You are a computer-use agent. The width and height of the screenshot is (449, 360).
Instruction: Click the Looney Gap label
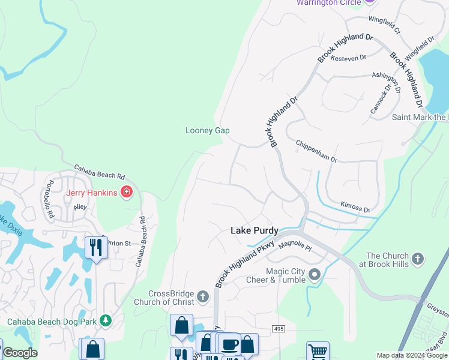coord(207,130)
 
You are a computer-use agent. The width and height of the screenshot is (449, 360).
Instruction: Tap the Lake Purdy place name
coord(255,230)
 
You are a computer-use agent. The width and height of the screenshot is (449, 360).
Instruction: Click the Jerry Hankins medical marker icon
coord(127,192)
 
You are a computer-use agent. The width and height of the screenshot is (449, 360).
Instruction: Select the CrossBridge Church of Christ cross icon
coord(203,296)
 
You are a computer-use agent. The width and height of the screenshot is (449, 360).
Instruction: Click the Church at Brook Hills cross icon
coord(418,259)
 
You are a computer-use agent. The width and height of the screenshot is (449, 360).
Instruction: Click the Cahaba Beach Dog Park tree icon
coord(106,321)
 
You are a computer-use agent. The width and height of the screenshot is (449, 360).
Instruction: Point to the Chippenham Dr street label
coord(316,152)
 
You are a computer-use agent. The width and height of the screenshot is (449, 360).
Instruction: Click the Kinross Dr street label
coord(355,208)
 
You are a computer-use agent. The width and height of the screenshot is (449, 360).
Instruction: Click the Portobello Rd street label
coord(51,199)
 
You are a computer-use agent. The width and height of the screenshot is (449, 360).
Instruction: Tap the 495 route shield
coord(277,329)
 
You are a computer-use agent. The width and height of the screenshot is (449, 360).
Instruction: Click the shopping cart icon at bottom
coord(318,351)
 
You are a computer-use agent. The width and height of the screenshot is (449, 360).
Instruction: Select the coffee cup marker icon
coord(229,344)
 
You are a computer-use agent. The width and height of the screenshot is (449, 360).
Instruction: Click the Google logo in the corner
coord(19,353)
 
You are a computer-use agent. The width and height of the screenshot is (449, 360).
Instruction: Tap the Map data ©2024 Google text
coord(412,355)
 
